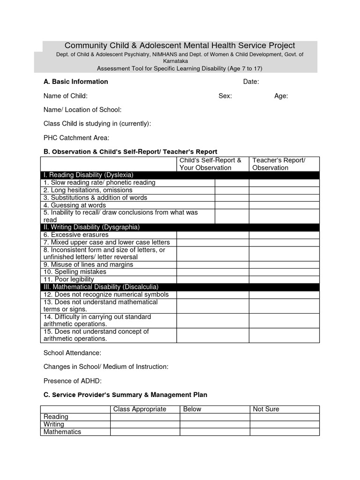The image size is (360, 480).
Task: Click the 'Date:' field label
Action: (x=251, y=82)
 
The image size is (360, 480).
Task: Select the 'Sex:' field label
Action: (x=225, y=96)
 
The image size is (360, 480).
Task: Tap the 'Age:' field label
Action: (x=281, y=96)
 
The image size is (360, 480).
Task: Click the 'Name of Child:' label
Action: (x=65, y=96)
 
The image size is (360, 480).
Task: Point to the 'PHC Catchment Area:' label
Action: (x=76, y=138)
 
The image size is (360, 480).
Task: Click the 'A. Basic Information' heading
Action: (x=75, y=82)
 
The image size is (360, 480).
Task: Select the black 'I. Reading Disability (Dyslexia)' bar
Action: (x=180, y=175)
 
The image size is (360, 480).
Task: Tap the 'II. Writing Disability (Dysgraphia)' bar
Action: (x=180, y=227)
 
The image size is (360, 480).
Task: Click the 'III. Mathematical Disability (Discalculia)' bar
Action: (x=180, y=287)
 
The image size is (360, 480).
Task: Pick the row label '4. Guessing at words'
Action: (x=75, y=205)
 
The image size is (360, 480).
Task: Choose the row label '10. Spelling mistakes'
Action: (x=75, y=272)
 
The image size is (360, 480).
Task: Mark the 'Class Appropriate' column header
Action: (x=140, y=409)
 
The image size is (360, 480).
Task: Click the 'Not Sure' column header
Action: (x=266, y=409)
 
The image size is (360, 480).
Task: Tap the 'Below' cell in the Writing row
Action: (x=214, y=424)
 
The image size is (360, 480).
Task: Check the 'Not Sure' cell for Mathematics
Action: (x=284, y=432)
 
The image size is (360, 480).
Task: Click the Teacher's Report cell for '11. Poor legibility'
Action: (x=284, y=279)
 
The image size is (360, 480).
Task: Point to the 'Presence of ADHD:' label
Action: (x=72, y=381)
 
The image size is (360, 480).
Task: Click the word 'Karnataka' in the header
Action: (x=175, y=61)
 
